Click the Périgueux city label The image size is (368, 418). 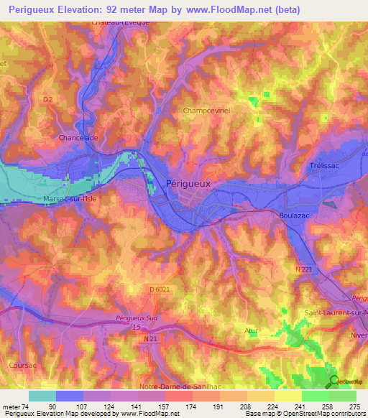coord(188,183)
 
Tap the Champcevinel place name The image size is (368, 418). coord(206,111)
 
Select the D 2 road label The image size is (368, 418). coord(48,99)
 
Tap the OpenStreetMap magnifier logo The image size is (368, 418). coord(333,381)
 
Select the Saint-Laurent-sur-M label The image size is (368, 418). coord(335,312)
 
